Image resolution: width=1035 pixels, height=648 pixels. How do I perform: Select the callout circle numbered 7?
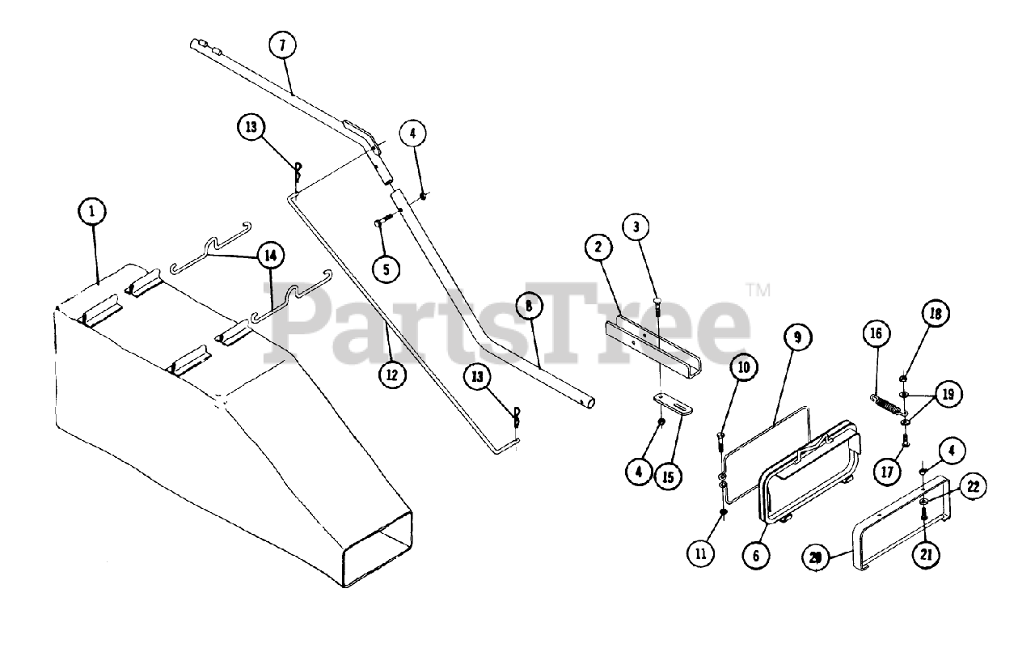(x=282, y=45)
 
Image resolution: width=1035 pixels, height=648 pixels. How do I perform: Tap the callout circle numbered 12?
(x=391, y=375)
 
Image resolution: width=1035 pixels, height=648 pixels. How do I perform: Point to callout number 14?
(x=270, y=255)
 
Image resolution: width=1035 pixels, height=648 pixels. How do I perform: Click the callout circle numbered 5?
(x=387, y=269)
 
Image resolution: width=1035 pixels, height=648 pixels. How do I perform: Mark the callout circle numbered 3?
(x=636, y=227)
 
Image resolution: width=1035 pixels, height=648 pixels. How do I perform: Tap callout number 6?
(x=758, y=556)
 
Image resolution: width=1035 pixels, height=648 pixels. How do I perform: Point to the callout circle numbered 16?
(x=876, y=333)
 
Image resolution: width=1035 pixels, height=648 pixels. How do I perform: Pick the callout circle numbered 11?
(x=701, y=553)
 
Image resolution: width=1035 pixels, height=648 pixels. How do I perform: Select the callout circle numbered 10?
(x=744, y=367)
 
